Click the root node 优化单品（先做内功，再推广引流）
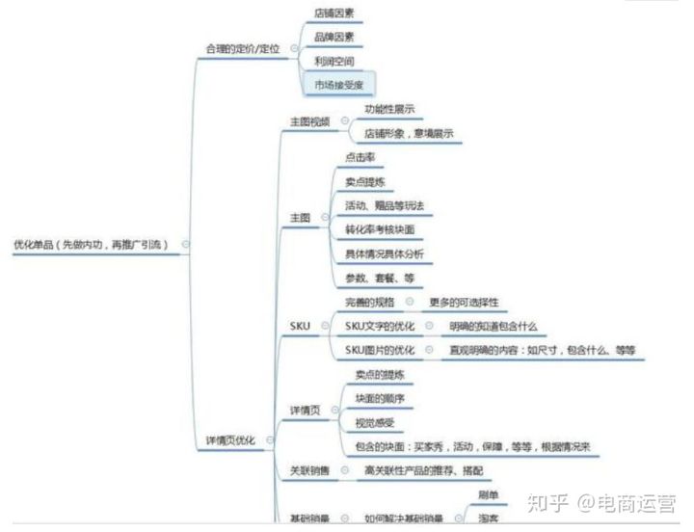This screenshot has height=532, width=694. [91, 245]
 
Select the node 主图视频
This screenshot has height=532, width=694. [309, 121]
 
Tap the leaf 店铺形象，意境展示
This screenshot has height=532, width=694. [409, 133]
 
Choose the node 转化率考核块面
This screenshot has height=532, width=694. [380, 230]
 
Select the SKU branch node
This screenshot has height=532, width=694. [300, 326]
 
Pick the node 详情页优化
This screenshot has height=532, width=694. [231, 439]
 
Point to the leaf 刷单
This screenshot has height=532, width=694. [488, 494]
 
